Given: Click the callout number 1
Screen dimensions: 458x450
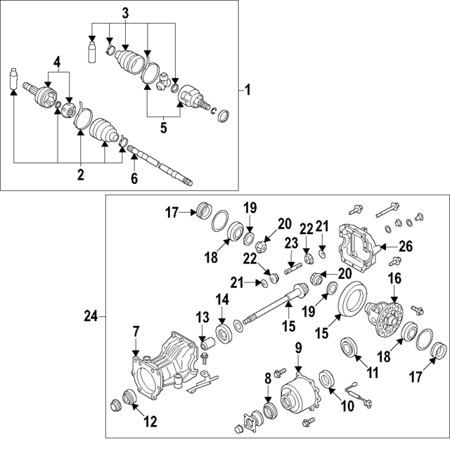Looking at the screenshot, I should click(x=247, y=90).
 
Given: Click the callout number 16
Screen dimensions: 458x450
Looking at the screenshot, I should click(x=394, y=279).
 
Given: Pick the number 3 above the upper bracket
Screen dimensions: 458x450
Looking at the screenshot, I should click(x=125, y=12).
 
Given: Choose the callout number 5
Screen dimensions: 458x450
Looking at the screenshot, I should click(x=164, y=128).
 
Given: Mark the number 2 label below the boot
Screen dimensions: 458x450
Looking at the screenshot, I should click(x=81, y=174).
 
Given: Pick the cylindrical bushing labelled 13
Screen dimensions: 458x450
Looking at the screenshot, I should click(x=207, y=343).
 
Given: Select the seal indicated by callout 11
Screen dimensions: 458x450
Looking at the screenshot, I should click(x=347, y=348).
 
